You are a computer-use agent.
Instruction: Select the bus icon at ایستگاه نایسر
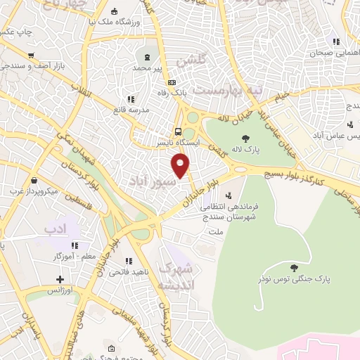tap(178, 131)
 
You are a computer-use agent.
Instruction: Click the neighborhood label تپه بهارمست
tap(217, 91)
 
